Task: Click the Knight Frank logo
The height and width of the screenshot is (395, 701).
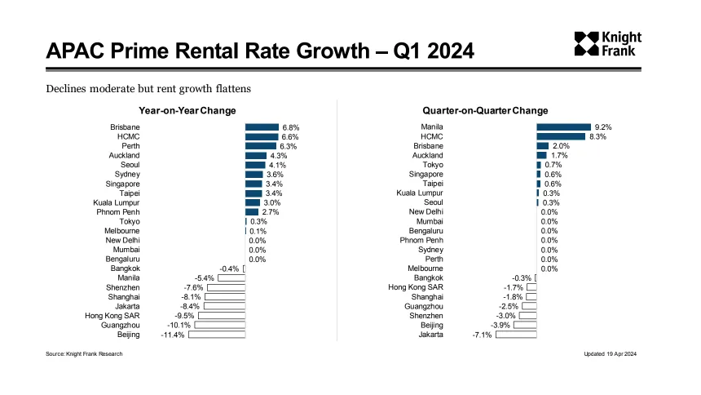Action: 607,44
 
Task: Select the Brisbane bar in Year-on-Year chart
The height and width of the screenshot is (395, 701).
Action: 262,127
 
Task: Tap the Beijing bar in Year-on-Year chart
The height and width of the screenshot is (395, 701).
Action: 217,334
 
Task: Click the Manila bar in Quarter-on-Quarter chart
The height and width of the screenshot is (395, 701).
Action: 562,127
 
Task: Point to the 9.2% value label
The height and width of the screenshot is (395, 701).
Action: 603,127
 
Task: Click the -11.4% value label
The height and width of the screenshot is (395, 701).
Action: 173,335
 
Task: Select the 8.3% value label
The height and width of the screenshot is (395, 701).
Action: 598,137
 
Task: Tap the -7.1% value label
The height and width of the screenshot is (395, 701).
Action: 482,335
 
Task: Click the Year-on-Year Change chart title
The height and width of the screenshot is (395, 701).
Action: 187,110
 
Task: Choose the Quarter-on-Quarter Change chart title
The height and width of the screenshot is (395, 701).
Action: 485,110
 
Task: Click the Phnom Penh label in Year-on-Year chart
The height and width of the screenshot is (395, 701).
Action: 118,212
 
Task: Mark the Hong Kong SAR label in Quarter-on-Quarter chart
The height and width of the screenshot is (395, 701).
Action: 416,287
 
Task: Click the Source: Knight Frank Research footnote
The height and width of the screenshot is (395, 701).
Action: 84,354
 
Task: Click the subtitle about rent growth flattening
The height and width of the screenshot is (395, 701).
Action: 148,87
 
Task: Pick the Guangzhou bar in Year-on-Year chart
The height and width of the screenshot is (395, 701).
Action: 220,325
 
